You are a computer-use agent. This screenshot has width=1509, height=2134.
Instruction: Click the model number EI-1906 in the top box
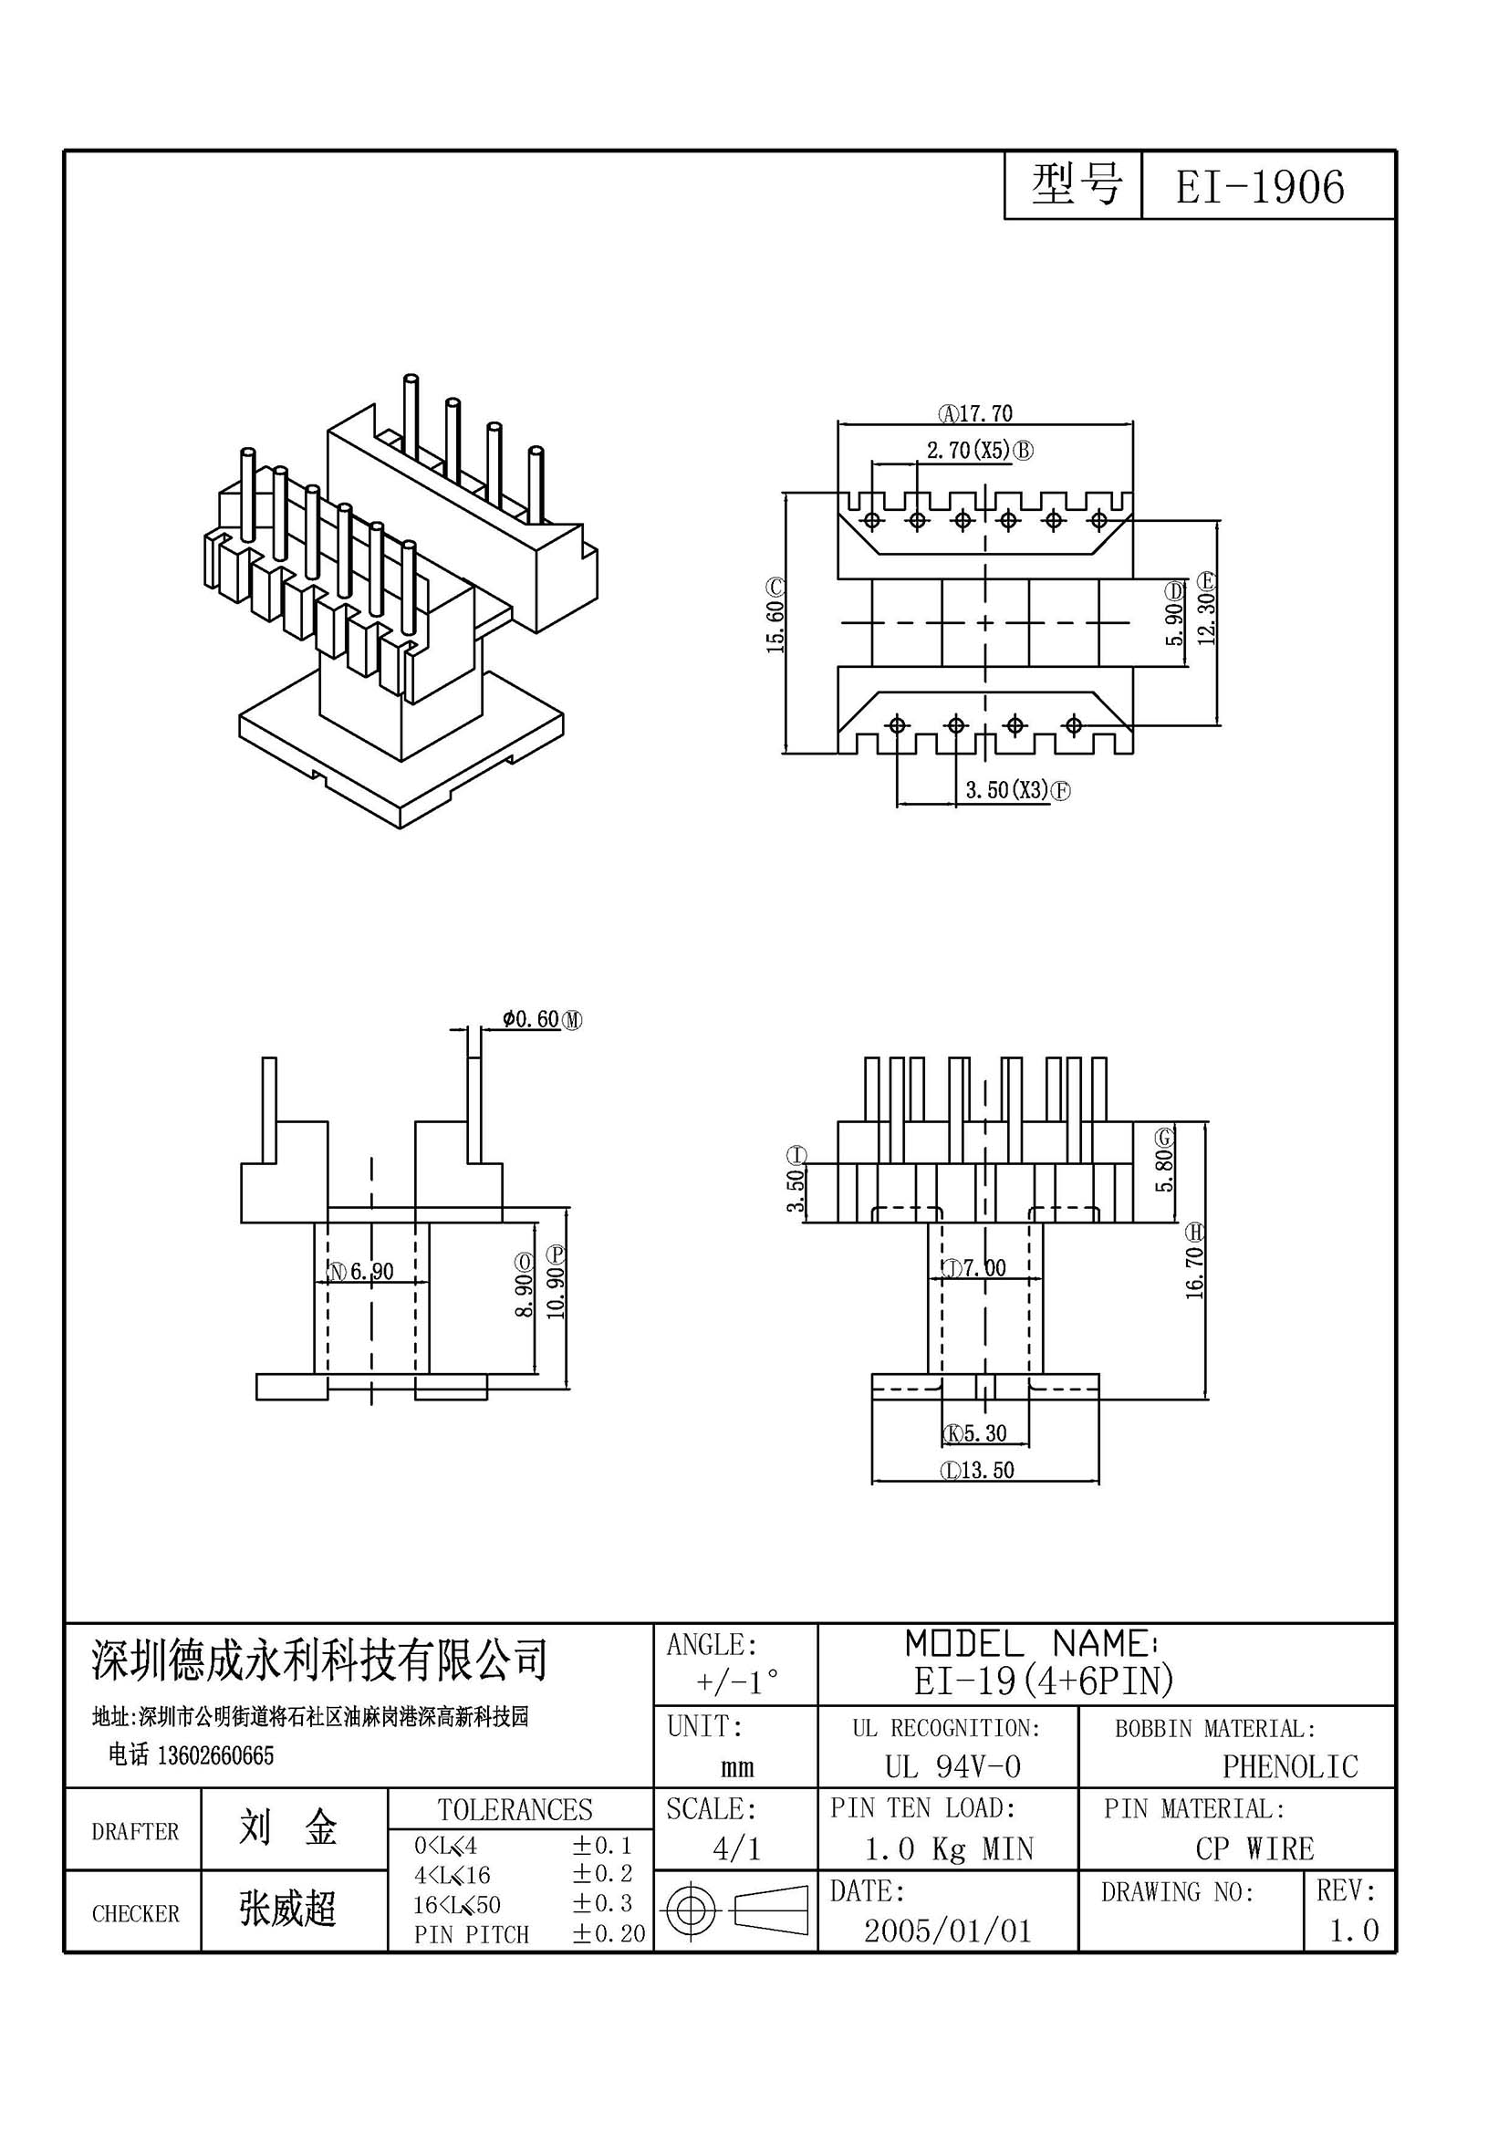click(x=1259, y=187)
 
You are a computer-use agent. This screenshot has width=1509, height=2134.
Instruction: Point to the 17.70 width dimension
click(x=986, y=412)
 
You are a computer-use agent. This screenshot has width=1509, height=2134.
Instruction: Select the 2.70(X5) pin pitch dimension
click(x=968, y=451)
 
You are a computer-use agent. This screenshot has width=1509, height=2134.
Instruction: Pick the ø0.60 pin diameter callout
click(x=532, y=1020)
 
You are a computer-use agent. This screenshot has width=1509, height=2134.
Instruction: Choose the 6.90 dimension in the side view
click(x=371, y=1272)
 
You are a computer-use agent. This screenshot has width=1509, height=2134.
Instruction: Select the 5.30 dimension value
click(x=985, y=1433)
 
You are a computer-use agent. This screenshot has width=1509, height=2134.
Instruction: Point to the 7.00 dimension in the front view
click(x=984, y=1268)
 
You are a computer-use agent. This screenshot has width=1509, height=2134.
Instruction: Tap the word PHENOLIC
click(x=1290, y=1767)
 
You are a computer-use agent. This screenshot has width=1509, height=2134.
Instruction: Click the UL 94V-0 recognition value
click(x=952, y=1767)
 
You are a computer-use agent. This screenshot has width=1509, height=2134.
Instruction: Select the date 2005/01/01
click(x=948, y=1931)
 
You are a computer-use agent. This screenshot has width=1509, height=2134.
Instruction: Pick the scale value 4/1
click(x=737, y=1848)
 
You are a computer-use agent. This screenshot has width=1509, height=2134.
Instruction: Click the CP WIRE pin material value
click(x=1254, y=1848)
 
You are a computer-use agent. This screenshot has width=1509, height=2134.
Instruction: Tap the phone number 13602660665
click(x=216, y=1754)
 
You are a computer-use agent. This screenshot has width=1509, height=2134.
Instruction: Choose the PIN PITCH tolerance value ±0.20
click(x=609, y=1934)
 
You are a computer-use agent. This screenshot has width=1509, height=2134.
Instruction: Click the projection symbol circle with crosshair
click(x=692, y=1911)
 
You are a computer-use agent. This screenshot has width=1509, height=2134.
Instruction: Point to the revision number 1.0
click(x=1354, y=1931)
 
